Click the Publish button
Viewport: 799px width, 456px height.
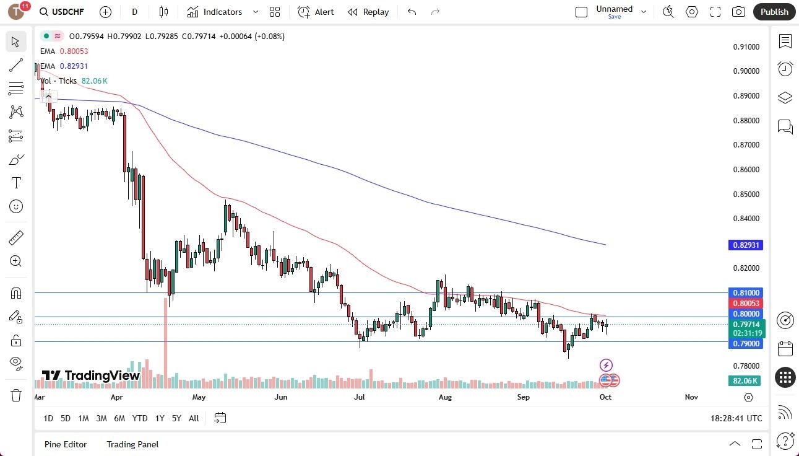coord(774,12)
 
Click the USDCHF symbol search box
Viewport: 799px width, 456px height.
coord(61,12)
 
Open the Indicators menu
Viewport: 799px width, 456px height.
coord(222,12)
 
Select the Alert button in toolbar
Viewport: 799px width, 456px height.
coord(316,12)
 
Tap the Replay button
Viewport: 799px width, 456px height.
coord(368,12)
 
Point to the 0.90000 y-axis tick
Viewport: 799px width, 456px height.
coord(746,71)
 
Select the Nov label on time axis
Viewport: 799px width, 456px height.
coord(691,397)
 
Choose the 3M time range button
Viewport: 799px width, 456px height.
coord(101,418)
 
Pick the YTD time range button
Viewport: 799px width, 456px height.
coord(140,418)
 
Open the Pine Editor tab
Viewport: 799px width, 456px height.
coord(66,444)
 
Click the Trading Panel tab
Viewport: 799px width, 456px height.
coord(132,444)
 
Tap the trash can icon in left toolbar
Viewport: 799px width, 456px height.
coord(16,395)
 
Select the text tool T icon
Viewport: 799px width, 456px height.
coord(16,183)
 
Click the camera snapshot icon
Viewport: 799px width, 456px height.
coord(738,12)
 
